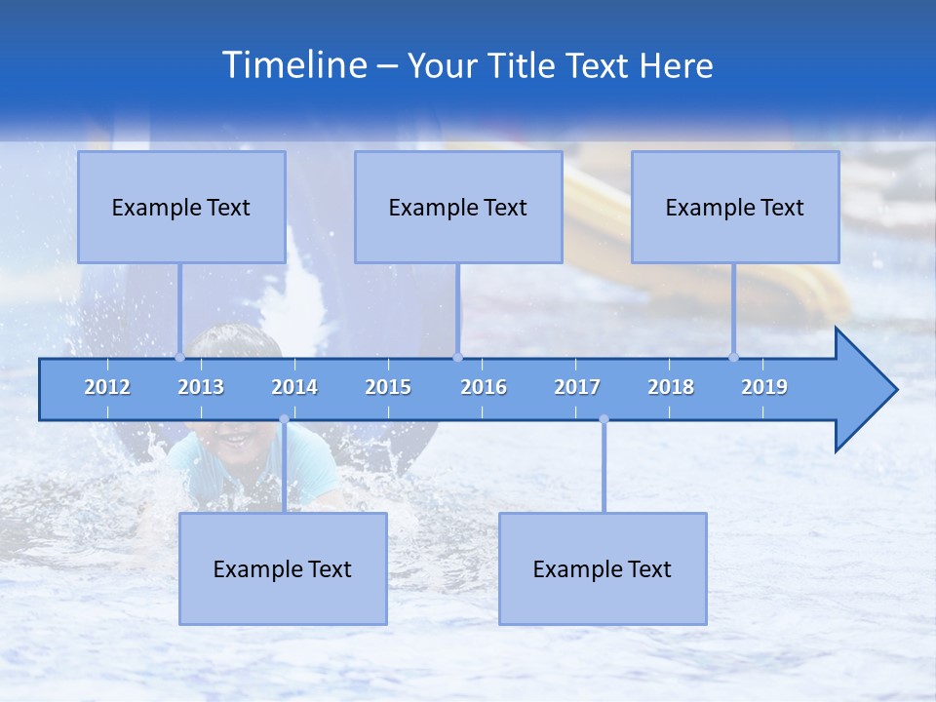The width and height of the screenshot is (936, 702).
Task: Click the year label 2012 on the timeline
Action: tap(107, 387)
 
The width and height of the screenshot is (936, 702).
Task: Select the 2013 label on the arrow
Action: tap(201, 387)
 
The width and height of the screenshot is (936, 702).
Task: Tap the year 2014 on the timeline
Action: tap(294, 387)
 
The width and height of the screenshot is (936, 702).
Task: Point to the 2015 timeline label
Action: tap(388, 387)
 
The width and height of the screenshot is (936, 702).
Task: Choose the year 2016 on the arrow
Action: tap(484, 387)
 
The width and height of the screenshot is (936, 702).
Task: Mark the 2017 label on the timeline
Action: tap(577, 387)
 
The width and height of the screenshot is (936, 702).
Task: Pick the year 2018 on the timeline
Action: tap(671, 387)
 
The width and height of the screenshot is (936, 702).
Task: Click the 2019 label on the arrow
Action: tap(764, 387)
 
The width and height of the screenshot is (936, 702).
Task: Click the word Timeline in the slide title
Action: tap(292, 65)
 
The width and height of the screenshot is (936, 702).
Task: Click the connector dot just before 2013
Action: tap(179, 357)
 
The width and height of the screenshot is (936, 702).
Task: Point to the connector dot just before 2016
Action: tap(457, 357)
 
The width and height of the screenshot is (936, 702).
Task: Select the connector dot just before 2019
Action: tap(734, 357)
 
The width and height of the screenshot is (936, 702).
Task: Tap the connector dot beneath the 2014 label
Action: tap(284, 419)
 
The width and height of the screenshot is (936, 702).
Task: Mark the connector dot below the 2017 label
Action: tap(604, 419)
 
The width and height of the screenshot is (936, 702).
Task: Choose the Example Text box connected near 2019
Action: tap(735, 207)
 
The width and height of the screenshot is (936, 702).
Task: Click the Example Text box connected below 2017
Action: tap(603, 568)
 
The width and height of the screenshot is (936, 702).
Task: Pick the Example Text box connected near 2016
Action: tap(458, 207)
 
